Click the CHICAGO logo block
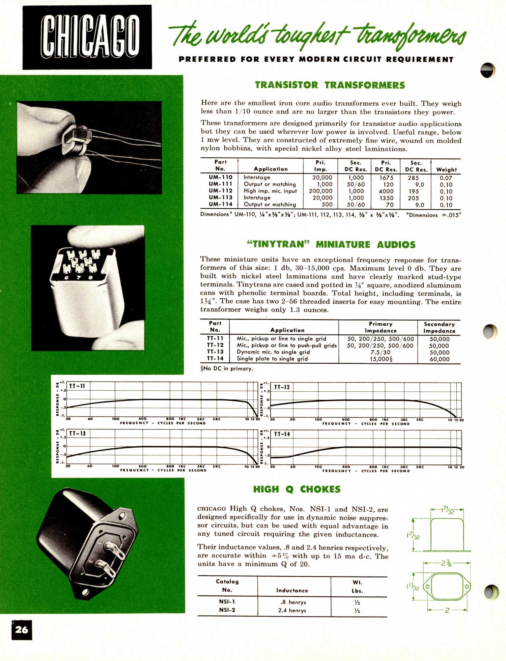tap(87, 37)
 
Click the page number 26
tap(22, 629)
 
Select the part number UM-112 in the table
tap(220, 191)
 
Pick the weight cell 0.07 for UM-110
tap(446, 178)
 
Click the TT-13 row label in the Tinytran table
tap(215, 352)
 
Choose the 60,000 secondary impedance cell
tap(439, 359)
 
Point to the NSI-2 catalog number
tap(227, 610)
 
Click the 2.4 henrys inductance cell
tap(292, 610)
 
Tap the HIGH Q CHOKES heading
tap(297, 489)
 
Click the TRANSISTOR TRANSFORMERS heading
tap(330, 85)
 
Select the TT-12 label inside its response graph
tap(282, 387)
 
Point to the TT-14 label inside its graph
tap(282, 434)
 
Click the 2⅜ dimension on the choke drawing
tap(446, 563)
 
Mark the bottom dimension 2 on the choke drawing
tap(447, 610)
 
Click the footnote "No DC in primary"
tap(226, 368)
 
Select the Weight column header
tap(446, 170)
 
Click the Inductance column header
tap(292, 590)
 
